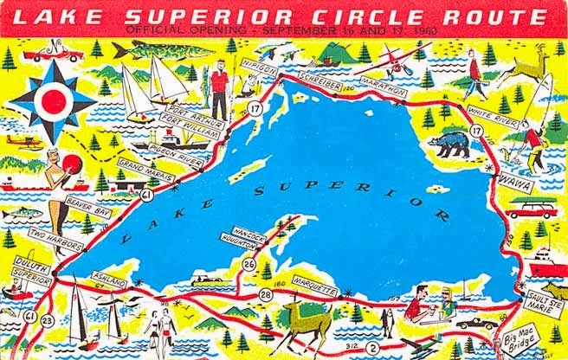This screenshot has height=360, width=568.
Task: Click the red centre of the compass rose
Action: [52, 98]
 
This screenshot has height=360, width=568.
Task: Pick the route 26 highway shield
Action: [248, 264]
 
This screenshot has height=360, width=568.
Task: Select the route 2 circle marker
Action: [373, 348]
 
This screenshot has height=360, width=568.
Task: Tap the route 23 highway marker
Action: [47, 320]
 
